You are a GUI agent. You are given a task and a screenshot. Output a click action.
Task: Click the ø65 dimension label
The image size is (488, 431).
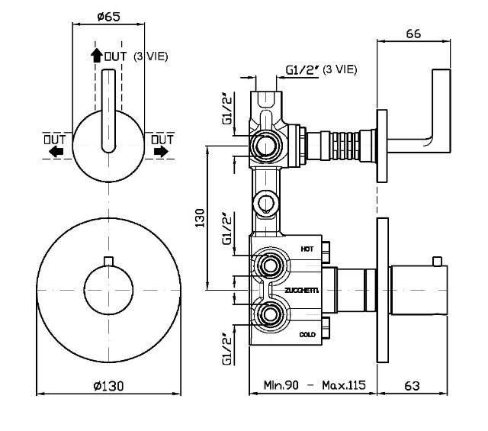pyautogui.click(x=108, y=15)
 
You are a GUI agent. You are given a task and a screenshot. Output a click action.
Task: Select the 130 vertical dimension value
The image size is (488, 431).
pyautogui.click(x=201, y=219)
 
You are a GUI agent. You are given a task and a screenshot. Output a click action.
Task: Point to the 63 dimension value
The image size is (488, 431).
pyautogui.click(x=413, y=386)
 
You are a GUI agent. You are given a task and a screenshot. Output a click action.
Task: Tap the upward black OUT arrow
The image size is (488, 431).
pyautogui.click(x=96, y=55)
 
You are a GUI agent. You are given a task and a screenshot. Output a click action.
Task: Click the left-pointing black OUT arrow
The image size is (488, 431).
pyautogui.click(x=55, y=152)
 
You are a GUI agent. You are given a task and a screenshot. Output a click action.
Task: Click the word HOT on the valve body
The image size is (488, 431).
pyautogui.click(x=307, y=249)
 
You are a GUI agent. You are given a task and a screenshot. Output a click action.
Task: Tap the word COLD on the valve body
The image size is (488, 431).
pyautogui.click(x=307, y=334)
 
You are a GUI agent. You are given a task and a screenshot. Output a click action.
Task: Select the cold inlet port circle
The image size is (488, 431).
pyautogui.click(x=268, y=314)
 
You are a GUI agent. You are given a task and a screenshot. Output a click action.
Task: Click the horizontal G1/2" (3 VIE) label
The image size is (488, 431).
pyautogui.click(x=320, y=69)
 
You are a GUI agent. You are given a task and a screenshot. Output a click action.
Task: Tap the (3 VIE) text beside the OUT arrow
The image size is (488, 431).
pyautogui.click(x=150, y=56)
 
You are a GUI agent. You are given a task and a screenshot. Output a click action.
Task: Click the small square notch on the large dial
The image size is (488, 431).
pyautogui.click(x=108, y=263)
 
